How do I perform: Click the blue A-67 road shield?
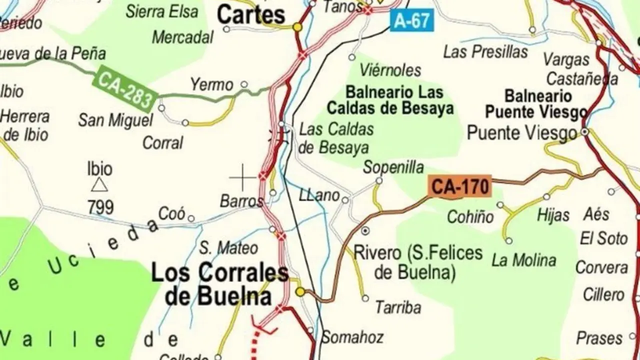coord(412,20)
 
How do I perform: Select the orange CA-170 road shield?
coord(459,187)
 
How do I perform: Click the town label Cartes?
coord(251,15)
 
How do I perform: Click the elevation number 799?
coord(100,206)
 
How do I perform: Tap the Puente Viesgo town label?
coord(522,133)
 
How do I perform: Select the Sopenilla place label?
coord(393,167)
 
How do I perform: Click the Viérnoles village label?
coord(390,70)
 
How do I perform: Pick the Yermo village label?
coord(211,85)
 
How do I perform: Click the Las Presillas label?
coord(485,52)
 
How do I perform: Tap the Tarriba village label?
coord(398,307)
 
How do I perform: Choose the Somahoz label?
coord(352,337)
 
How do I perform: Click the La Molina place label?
coord(523,260)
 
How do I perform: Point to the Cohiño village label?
coord(470,216)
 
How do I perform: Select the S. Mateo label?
coord(228,247)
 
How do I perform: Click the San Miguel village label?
coord(115,120)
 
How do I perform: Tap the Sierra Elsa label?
coord(162,11)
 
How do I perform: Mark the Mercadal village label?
coord(182,37)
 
